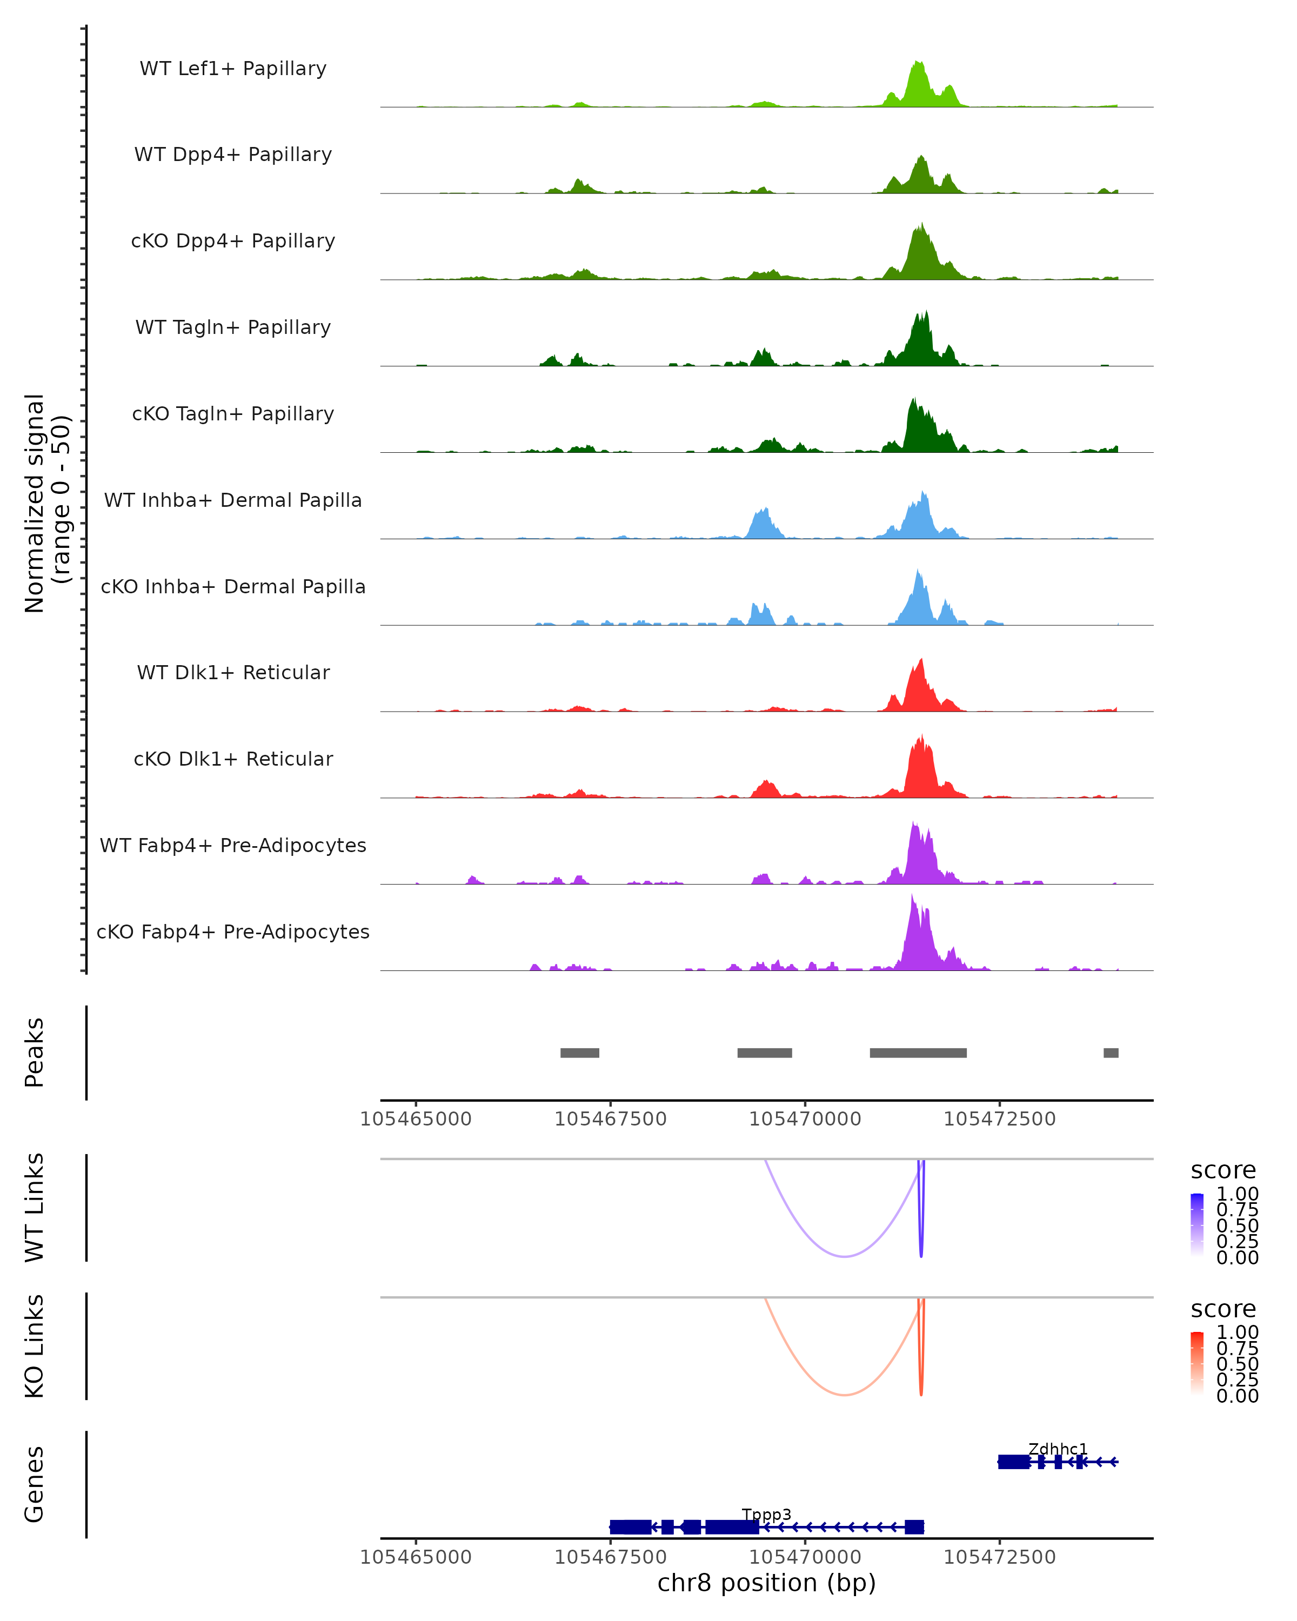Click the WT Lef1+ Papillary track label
pos(233,69)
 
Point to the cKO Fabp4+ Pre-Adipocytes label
pos(233,932)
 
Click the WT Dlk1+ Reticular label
pos(233,672)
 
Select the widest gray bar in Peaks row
pos(918,1053)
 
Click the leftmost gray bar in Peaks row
pos(580,1053)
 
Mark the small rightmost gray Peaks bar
pos(1111,1053)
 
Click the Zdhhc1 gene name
pos(1058,1449)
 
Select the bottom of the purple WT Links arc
pos(845,1256)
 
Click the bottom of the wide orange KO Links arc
pos(845,1395)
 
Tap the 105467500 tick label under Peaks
pos(611,1119)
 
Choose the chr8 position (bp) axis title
pos(766,1583)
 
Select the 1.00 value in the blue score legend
pos(1237,1194)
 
